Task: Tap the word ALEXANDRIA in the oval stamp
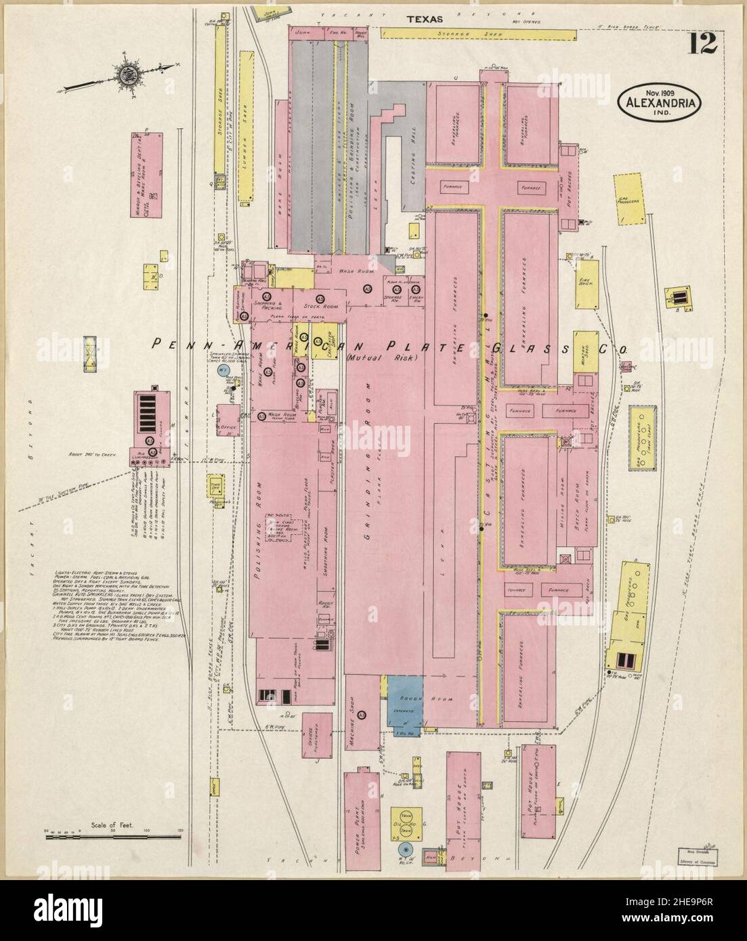click(659, 104)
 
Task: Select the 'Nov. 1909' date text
click(659, 92)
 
